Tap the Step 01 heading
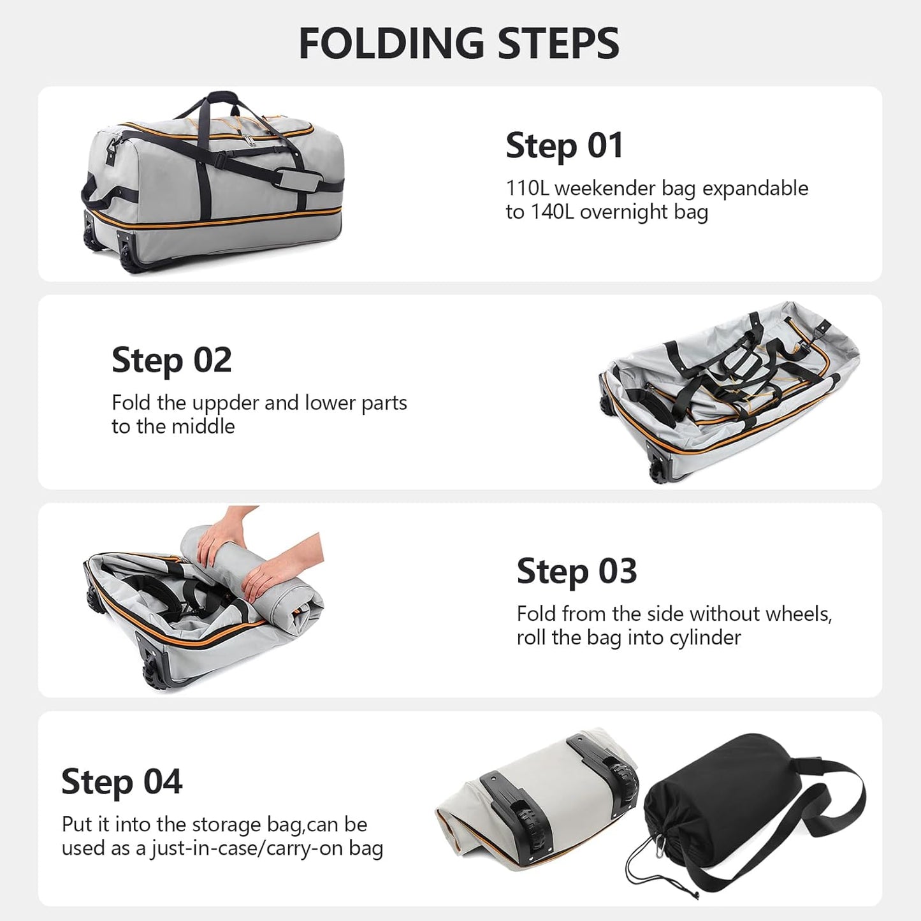pyautogui.click(x=564, y=146)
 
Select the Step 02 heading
pyautogui.click(x=171, y=361)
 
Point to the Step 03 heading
pyautogui.click(x=576, y=571)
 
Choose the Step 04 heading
pyautogui.click(x=122, y=782)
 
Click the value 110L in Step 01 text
pyautogui.click(x=527, y=189)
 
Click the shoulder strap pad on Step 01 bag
pyautogui.click(x=301, y=180)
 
